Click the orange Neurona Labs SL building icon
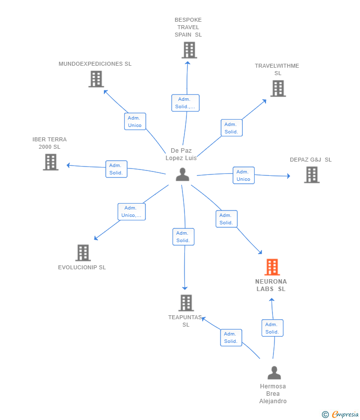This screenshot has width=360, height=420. (272, 267)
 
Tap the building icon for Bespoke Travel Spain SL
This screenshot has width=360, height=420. (189, 50)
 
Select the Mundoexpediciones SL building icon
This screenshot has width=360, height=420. (96, 79)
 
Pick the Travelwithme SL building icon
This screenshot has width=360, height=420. (278, 88)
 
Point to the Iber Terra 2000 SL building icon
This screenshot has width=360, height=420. (50, 162)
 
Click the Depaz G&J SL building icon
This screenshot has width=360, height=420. (312, 174)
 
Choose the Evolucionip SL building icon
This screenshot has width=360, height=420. (83, 252)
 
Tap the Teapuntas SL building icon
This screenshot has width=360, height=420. (186, 302)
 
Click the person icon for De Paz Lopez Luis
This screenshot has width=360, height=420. (182, 174)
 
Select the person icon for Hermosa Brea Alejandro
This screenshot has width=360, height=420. (273, 373)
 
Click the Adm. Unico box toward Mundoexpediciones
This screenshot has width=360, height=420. (135, 122)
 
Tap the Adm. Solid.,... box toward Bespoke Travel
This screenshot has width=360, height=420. (185, 103)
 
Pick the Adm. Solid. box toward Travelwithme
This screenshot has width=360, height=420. (231, 127)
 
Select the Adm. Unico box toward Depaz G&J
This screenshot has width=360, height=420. (243, 175)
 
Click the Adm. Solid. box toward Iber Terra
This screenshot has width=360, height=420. (116, 169)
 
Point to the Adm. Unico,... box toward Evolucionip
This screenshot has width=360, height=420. (132, 211)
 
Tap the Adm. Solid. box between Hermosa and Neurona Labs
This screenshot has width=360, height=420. (272, 328)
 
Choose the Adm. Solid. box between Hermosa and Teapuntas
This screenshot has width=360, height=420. (231, 337)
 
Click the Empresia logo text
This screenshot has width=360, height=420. (345, 415)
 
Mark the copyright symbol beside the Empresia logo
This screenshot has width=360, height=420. (325, 415)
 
